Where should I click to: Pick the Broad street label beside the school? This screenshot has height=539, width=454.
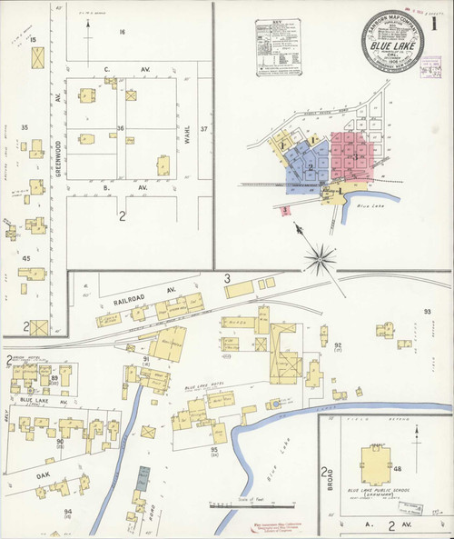coord(324,484)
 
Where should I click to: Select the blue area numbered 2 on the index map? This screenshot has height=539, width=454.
coord(309,168)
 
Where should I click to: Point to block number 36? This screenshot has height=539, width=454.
coord(121,128)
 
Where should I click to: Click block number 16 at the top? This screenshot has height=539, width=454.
coord(121,31)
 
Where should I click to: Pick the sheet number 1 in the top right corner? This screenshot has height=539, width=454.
coord(437,25)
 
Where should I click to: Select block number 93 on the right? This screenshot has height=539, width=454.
coord(426,313)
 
